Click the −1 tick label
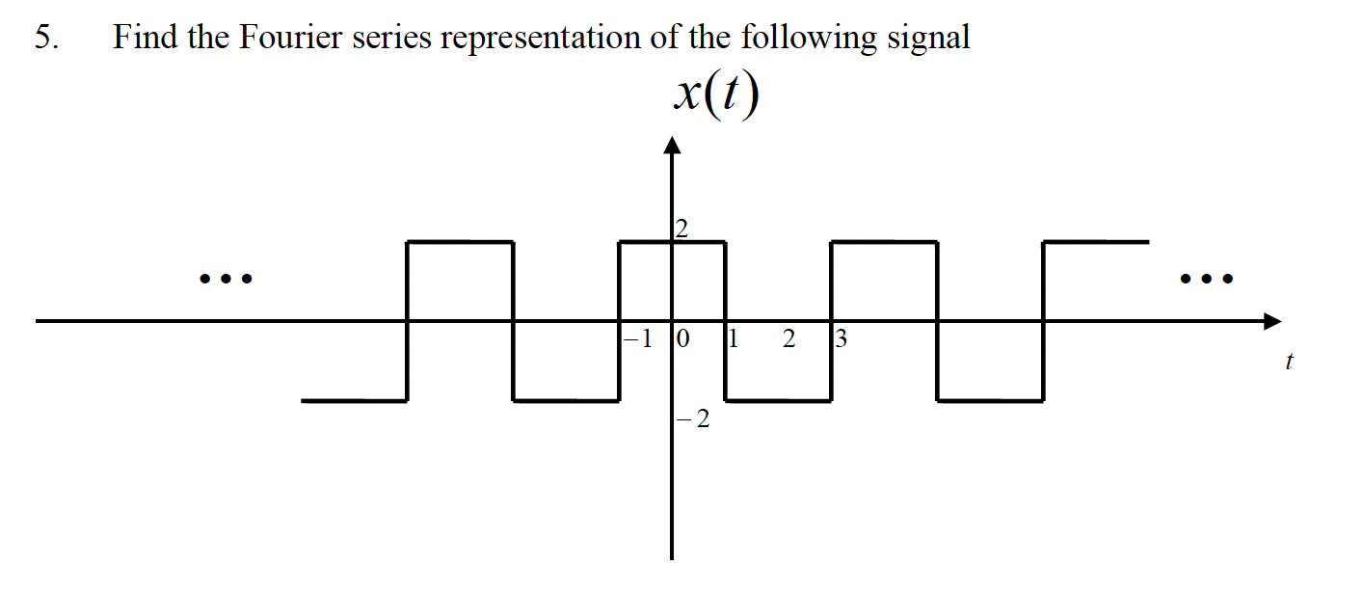[x=638, y=339]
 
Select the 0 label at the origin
[x=683, y=339]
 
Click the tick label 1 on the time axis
[x=732, y=339]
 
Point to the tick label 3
[x=840, y=339]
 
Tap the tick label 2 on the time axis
[x=789, y=339]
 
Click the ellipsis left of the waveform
[x=225, y=281]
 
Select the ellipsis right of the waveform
[x=1206, y=281]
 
